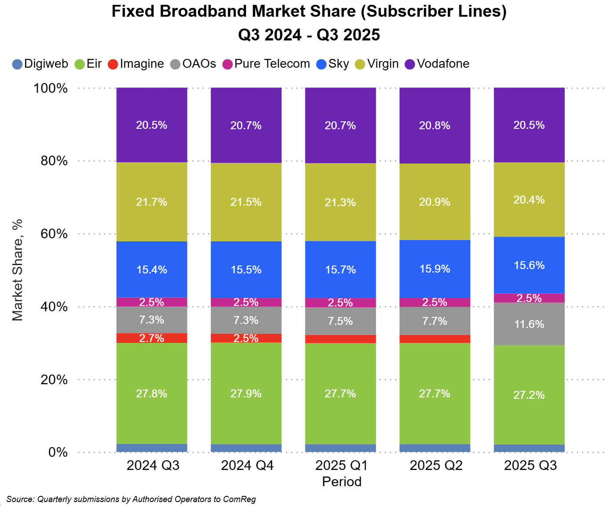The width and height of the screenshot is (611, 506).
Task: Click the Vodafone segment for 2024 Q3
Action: (152, 125)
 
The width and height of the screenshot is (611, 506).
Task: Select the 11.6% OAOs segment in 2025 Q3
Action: (529, 324)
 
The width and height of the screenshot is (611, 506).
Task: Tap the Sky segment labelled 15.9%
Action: (435, 269)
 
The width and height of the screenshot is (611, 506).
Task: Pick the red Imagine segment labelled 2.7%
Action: (152, 338)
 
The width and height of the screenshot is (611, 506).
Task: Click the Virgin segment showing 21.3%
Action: (340, 202)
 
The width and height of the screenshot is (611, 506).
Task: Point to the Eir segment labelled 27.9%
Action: (246, 393)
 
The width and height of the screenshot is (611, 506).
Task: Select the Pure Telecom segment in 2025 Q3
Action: (529, 298)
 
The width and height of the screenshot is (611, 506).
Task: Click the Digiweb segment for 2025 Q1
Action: (340, 448)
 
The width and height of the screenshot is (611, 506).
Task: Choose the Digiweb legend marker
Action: (17, 64)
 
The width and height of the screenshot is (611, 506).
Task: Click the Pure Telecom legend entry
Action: (272, 64)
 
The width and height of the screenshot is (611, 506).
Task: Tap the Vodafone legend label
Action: (443, 64)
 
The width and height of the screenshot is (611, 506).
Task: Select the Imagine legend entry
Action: (142, 64)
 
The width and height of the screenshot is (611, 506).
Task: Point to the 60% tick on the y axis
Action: (54, 234)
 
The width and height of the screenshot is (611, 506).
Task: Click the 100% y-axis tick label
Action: (51, 88)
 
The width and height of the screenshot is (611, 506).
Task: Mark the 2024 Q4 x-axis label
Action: (247, 465)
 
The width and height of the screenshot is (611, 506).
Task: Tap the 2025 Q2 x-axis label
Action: (436, 465)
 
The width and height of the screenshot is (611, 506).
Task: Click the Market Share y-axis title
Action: (17, 270)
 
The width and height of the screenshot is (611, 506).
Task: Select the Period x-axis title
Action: (342, 482)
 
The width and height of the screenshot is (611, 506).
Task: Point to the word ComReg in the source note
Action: (239, 499)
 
